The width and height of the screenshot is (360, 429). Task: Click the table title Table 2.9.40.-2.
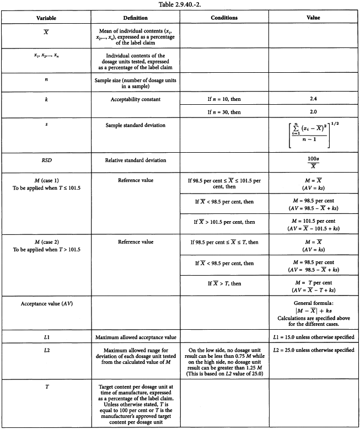tap(179, 4)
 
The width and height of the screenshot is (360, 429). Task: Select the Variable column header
tap(46, 18)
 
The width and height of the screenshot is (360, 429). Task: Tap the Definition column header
tap(135, 18)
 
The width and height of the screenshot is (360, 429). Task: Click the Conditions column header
tap(224, 18)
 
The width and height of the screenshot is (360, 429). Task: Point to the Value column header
tap(313, 18)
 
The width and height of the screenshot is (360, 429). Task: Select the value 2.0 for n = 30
tap(313, 111)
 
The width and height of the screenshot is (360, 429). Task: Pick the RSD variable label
tap(46, 160)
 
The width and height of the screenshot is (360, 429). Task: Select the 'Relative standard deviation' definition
tap(135, 160)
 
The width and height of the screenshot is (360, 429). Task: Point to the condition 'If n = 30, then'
tap(224, 111)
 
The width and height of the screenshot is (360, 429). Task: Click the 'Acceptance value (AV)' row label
tap(46, 304)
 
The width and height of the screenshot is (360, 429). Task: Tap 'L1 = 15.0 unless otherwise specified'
tap(313, 336)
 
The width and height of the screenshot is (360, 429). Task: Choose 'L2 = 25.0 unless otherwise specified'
tap(313, 350)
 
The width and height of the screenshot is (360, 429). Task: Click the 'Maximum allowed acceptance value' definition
tap(135, 336)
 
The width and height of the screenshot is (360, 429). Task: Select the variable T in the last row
tap(46, 387)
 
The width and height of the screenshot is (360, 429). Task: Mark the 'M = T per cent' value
tap(313, 283)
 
